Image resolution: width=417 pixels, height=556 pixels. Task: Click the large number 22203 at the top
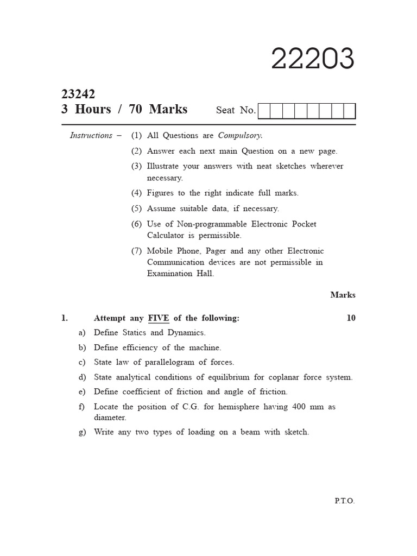(313, 59)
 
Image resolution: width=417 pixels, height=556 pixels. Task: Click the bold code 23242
(78, 94)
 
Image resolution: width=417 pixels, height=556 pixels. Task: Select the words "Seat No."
(236, 110)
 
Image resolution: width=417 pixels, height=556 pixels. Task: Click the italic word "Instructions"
(91, 136)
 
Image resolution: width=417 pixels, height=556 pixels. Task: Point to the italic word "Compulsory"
(240, 136)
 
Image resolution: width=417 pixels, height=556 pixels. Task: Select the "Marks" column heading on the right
(343, 295)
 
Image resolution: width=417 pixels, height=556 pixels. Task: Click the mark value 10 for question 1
(351, 318)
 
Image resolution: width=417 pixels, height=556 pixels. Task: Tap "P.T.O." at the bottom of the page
(344, 501)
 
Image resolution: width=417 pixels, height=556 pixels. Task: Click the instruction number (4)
(136, 193)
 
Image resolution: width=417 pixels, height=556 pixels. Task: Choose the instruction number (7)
(136, 251)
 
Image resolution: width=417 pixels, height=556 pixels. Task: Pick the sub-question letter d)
(82, 377)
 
